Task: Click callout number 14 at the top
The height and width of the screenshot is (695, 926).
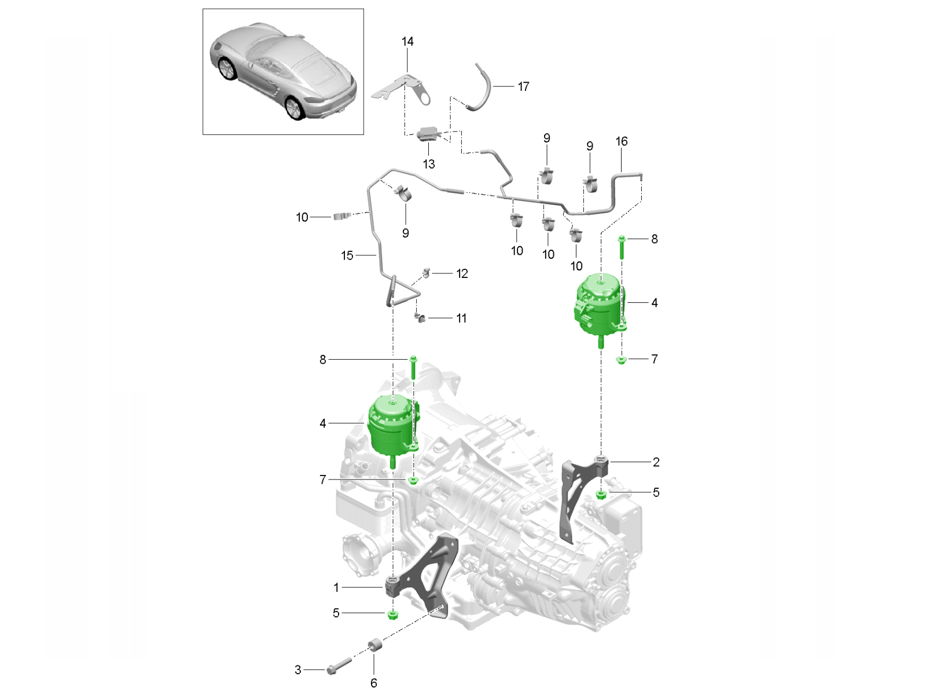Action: click(407, 42)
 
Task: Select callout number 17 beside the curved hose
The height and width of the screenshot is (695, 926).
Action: click(523, 87)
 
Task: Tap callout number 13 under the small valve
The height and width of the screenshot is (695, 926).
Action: click(429, 164)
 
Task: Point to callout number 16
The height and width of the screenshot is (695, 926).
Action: click(622, 142)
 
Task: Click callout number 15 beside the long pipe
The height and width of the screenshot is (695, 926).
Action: click(347, 255)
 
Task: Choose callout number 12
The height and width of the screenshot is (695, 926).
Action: click(462, 273)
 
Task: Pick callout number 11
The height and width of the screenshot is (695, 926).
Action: click(461, 319)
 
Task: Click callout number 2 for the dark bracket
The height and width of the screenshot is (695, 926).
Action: click(656, 462)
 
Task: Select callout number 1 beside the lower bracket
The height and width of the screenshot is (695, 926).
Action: click(336, 588)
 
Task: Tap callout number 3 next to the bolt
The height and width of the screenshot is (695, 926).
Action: click(298, 670)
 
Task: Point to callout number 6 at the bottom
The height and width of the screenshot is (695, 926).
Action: click(374, 683)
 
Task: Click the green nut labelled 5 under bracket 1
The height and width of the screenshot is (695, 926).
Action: click(393, 613)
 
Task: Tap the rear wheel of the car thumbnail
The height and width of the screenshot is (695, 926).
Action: click(295, 108)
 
